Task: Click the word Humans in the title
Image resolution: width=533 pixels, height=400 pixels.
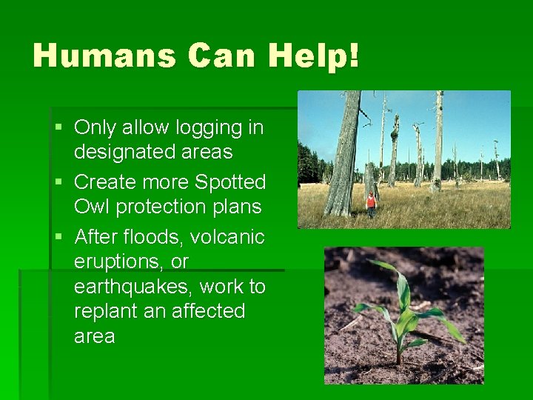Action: [x=104, y=56]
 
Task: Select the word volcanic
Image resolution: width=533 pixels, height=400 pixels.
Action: [x=227, y=237]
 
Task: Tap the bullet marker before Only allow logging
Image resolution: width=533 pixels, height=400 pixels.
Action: [x=58, y=128]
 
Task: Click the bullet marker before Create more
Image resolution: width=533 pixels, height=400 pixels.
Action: [x=58, y=182]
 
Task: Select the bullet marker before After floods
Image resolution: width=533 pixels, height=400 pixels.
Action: [x=58, y=237]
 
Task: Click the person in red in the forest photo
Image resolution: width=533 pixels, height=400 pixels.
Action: [x=371, y=202]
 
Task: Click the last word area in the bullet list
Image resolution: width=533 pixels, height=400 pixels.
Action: [x=94, y=336]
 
